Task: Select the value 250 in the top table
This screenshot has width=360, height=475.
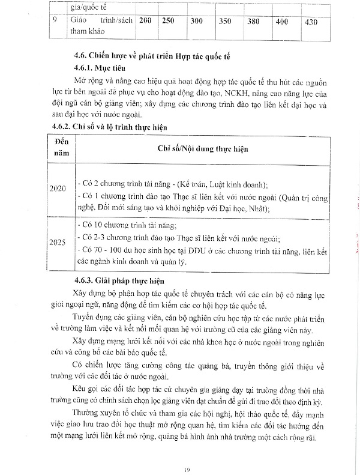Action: pyautogui.click(x=168, y=21)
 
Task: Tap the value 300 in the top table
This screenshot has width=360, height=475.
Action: pyautogui.click(x=196, y=22)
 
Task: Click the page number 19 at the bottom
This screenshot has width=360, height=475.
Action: pyautogui.click(x=187, y=453)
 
